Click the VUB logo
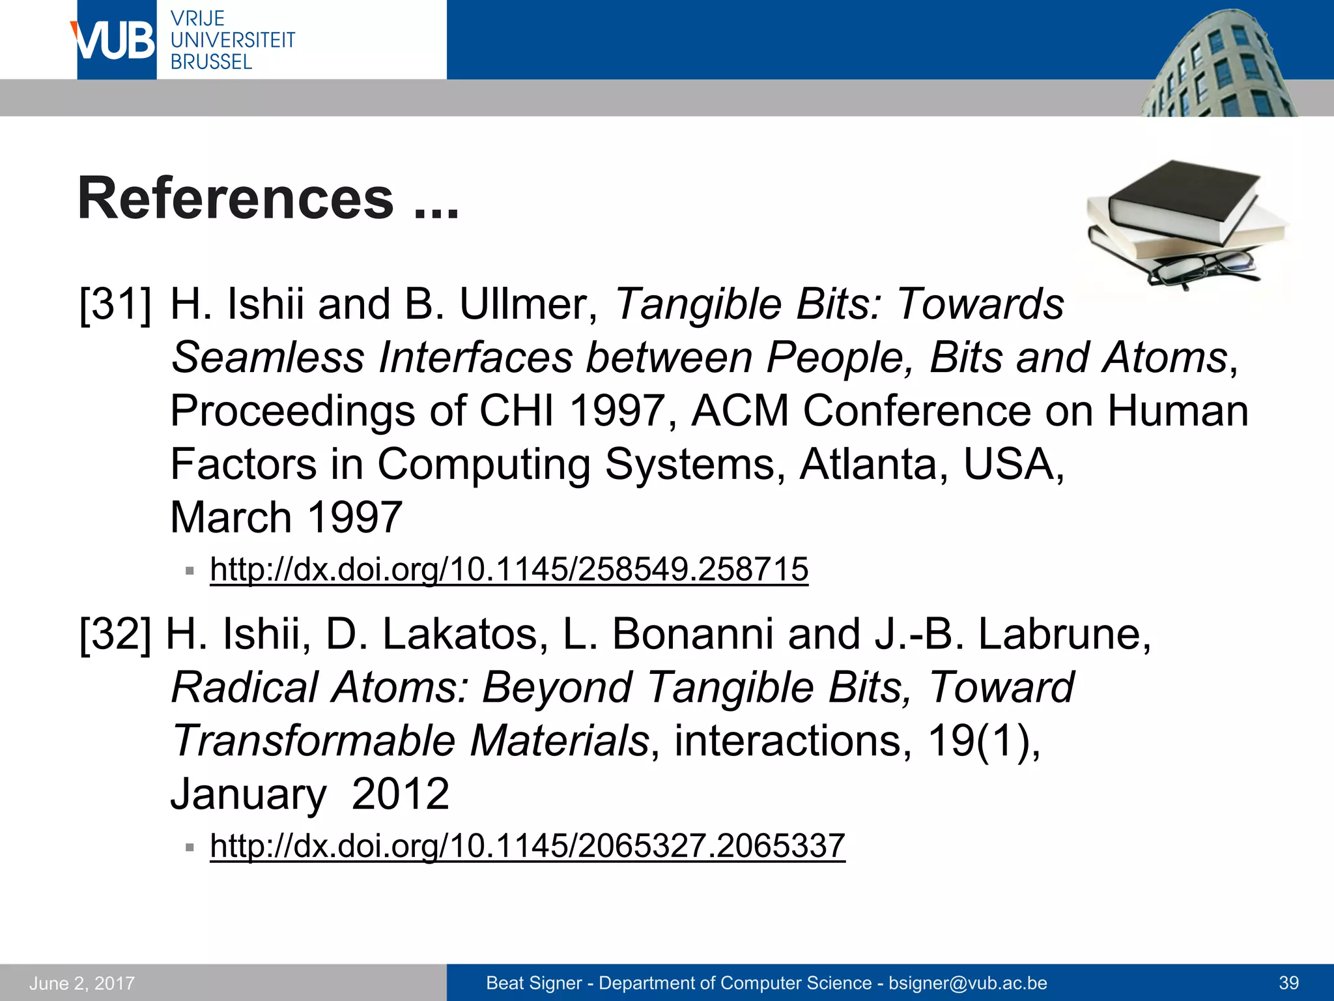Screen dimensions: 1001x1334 (x=116, y=40)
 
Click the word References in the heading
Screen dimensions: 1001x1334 (x=236, y=199)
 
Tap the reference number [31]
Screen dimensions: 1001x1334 (x=115, y=304)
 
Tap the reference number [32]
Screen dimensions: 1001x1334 (x=115, y=634)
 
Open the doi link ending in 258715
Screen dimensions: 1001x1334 (x=509, y=570)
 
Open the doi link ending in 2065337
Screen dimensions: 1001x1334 (x=527, y=846)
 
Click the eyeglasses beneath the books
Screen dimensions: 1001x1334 (x=1202, y=268)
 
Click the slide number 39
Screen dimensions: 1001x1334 (x=1288, y=983)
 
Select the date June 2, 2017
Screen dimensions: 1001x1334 (x=82, y=983)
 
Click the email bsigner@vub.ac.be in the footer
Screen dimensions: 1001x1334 (x=967, y=983)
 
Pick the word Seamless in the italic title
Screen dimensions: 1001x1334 (x=268, y=358)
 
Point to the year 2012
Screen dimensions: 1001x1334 (x=400, y=794)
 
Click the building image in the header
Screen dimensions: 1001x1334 (x=1218, y=65)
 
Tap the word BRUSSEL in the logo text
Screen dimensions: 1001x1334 (x=211, y=63)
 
